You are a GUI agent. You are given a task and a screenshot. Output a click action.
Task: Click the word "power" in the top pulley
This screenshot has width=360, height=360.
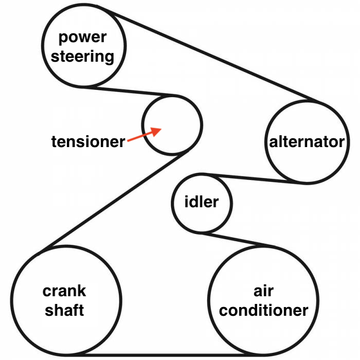[83, 38]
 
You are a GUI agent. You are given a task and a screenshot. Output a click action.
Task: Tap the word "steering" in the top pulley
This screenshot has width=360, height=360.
[83, 56]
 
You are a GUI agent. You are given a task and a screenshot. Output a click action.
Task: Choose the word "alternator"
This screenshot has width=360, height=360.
[307, 141]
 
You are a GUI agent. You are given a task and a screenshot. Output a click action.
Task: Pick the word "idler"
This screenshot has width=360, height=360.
[201, 202]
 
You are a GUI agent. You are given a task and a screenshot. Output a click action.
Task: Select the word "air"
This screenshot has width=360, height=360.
[263, 291]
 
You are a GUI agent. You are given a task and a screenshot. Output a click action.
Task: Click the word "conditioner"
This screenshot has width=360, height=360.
[264, 310]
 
